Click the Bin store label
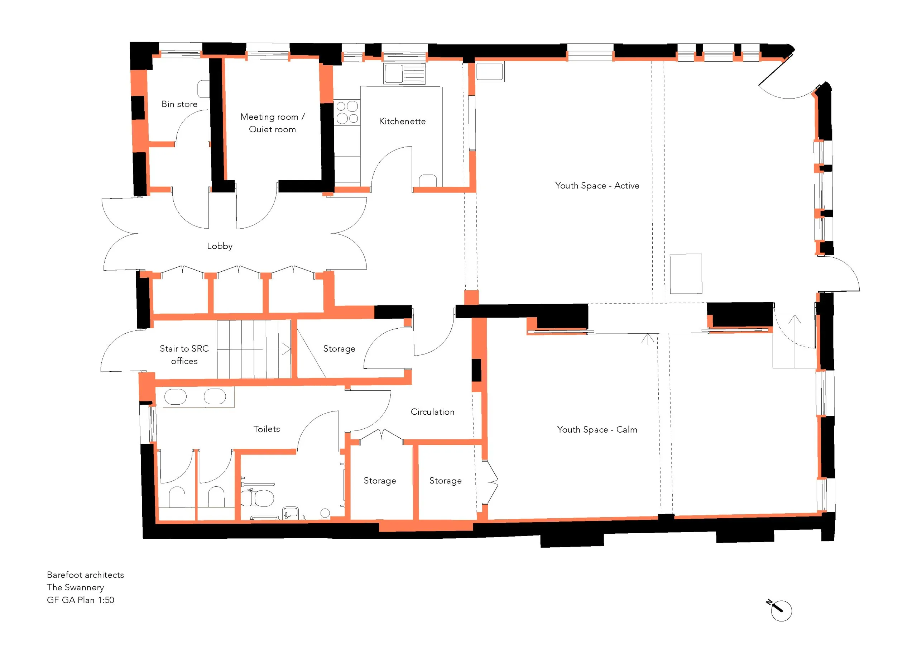(179, 104)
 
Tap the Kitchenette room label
(402, 121)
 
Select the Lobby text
(220, 247)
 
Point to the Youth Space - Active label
(597, 186)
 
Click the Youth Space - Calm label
(597, 430)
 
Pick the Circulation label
(433, 412)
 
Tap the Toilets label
(267, 429)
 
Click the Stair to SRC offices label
(184, 355)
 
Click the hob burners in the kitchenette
(347, 112)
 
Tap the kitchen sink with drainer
(404, 73)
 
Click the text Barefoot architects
(85, 575)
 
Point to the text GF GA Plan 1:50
(80, 600)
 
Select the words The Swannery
(75, 587)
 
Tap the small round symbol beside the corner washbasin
(325, 513)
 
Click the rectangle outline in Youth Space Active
(686, 274)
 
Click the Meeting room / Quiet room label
(272, 123)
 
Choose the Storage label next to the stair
(339, 349)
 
